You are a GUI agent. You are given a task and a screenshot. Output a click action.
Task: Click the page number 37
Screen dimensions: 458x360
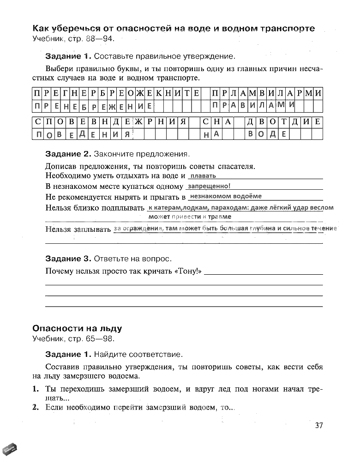click(x=318, y=425)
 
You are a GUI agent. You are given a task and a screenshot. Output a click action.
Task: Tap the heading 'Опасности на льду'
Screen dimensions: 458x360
click(x=77, y=329)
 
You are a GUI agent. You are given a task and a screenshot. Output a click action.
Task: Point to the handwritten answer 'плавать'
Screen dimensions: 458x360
click(x=203, y=176)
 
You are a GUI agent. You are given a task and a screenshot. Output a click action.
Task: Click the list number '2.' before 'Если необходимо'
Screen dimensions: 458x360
click(x=35, y=407)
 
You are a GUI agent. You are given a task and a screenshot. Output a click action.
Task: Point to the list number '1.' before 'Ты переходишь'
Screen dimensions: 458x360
click(x=35, y=389)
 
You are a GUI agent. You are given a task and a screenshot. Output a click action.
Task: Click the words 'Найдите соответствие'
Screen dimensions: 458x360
click(x=138, y=355)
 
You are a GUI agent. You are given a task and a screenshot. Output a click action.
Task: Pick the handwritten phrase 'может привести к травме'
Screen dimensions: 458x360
click(x=190, y=217)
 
